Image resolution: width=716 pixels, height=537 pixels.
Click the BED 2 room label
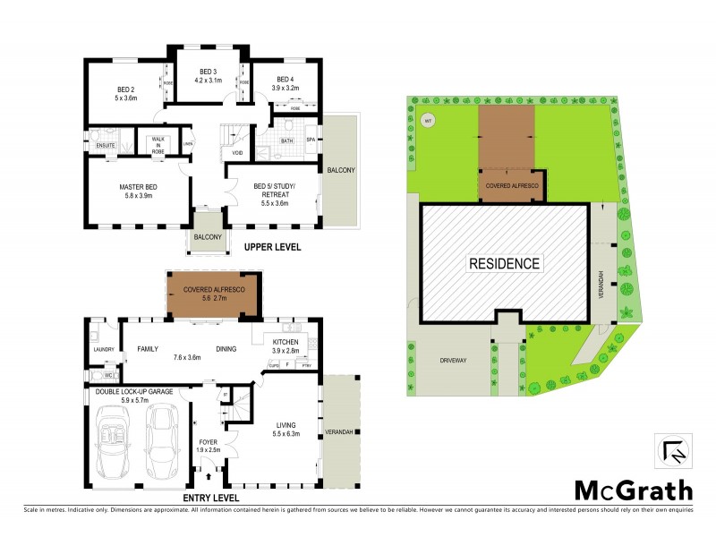point(125,89)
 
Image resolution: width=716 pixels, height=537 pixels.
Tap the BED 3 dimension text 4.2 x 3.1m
point(208,80)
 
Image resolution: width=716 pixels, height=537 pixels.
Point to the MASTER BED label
point(137,187)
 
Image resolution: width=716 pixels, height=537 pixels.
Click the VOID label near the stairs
point(237,153)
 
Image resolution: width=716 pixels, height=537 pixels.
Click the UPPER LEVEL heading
point(266,247)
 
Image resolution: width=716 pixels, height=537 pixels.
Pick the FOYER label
point(207,441)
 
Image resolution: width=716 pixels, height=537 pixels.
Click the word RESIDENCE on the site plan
point(504,263)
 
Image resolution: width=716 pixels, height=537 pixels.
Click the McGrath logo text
point(633,490)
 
